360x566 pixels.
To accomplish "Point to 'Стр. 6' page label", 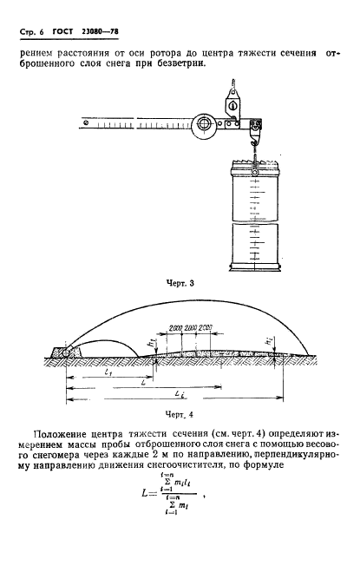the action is point(29,33).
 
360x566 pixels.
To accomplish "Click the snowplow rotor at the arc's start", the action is point(63,353).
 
